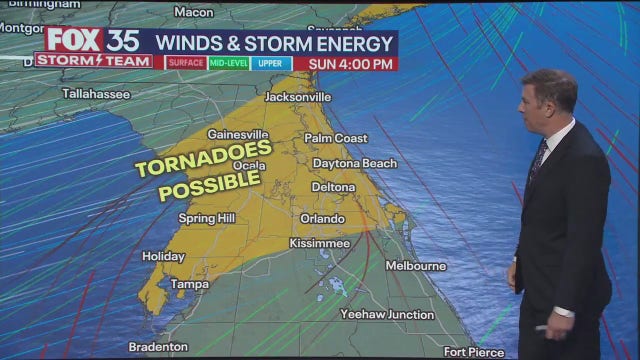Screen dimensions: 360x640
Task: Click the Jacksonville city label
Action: click(x=298, y=97)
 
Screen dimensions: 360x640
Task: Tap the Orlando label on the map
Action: click(x=323, y=218)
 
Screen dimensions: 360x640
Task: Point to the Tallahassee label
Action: click(x=96, y=93)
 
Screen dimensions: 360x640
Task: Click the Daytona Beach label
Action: click(x=354, y=163)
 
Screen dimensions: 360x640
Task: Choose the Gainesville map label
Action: click(x=238, y=134)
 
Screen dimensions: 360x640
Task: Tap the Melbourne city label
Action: click(x=415, y=266)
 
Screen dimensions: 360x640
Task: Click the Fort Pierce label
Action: click(x=476, y=351)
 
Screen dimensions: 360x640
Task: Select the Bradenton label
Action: click(x=158, y=347)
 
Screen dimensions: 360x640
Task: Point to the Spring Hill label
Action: click(x=206, y=218)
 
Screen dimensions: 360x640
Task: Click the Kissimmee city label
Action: click(x=319, y=243)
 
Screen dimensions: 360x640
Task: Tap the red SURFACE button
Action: click(x=185, y=63)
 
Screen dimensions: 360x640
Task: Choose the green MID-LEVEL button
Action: click(x=229, y=63)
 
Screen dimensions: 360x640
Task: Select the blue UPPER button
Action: click(x=271, y=63)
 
